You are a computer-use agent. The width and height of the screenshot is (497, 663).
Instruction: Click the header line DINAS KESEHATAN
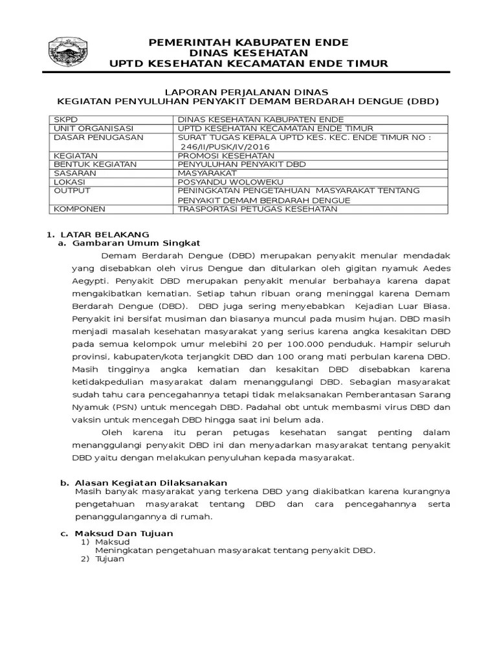tap(248, 52)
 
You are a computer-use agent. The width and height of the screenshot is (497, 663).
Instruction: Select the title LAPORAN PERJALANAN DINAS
tap(248, 91)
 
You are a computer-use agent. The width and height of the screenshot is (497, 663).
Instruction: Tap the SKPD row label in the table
tap(65, 120)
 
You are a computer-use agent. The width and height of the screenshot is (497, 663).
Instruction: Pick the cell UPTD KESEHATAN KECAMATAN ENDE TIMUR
tap(275, 128)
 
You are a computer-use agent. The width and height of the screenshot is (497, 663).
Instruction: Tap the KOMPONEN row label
tap(76, 209)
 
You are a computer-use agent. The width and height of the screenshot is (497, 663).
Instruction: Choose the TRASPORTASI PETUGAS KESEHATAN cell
tap(257, 209)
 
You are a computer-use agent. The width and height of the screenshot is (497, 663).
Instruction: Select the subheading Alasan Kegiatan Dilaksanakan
tap(151, 483)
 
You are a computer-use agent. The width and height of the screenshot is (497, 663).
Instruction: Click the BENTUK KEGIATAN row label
tap(86, 164)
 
